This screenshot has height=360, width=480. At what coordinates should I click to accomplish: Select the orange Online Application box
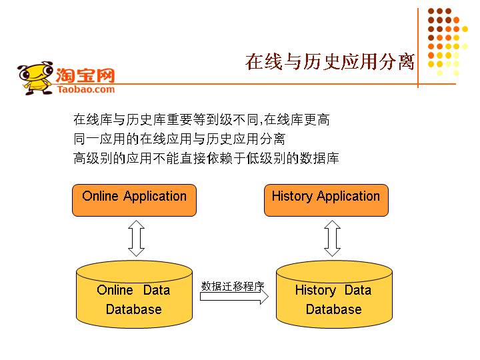pos(134,200)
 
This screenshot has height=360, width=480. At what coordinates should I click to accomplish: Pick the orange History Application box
pos(326,200)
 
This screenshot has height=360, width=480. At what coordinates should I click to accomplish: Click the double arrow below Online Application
pos(136,239)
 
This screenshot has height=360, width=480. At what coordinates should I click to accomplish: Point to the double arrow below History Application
pos(331,239)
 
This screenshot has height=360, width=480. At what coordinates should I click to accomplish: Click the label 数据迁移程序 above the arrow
pos(233,286)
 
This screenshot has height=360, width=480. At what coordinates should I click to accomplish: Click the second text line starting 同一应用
pos(179,139)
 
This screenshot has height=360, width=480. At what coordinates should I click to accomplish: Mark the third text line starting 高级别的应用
pos(206,159)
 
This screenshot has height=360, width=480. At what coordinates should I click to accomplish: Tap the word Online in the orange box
pos(100,196)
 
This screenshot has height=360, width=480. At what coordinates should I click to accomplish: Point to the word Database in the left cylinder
pos(134,309)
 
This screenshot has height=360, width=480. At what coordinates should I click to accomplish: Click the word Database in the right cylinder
pos(333,309)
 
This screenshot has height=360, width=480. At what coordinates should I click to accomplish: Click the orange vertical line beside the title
pos(418,47)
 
